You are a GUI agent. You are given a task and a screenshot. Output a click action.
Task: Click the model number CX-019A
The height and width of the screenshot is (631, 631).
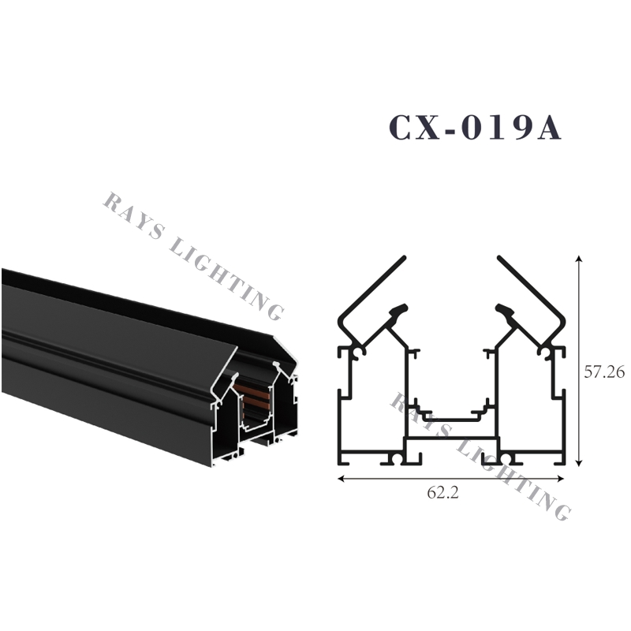point(474,128)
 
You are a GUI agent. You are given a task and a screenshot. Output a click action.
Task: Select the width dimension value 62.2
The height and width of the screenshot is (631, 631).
point(443,495)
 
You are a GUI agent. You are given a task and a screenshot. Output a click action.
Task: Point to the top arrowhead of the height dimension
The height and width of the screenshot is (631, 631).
point(581,259)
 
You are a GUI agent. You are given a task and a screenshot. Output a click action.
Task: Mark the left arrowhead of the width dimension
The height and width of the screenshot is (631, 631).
point(342,478)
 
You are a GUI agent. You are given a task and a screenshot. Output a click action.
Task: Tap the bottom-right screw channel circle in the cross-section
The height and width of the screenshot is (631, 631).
point(506,458)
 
